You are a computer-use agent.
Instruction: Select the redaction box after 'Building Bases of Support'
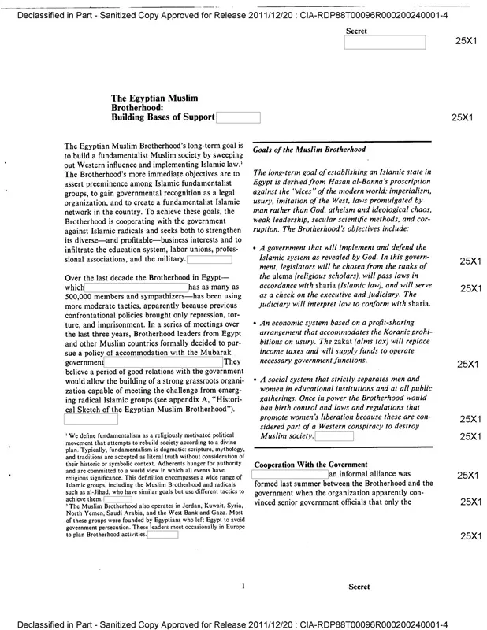[x=238, y=117]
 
